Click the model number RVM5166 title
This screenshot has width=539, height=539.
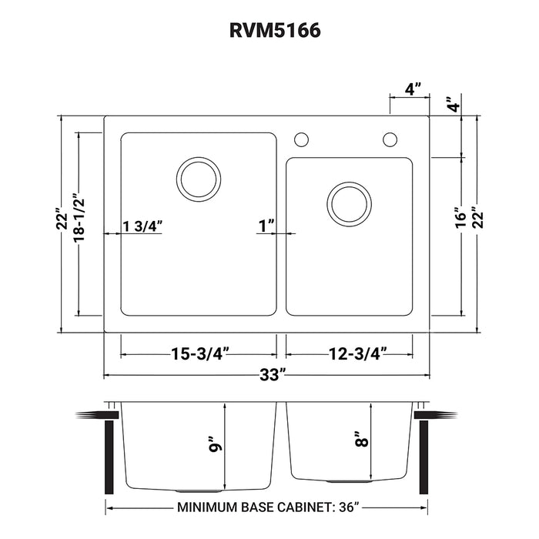click(x=269, y=30)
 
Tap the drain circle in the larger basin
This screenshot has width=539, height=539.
click(x=199, y=179)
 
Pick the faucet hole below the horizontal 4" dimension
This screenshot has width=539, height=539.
click(x=390, y=139)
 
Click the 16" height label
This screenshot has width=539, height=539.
click(x=460, y=218)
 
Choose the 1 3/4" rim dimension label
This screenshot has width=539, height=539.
click(x=142, y=226)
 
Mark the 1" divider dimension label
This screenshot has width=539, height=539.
click(x=267, y=226)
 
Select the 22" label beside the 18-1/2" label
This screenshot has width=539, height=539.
click(x=58, y=223)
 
